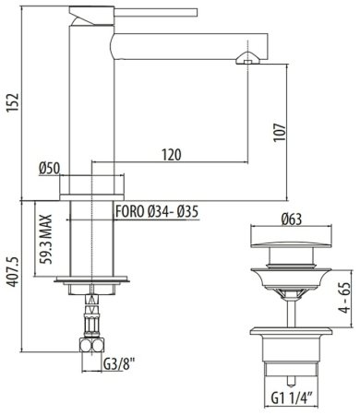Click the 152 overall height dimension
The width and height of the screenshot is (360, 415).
14,102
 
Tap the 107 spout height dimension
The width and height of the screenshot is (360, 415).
280,132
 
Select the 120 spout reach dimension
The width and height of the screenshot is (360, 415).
172,155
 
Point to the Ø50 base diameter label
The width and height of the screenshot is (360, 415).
49,169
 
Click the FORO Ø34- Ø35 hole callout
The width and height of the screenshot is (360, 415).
157,211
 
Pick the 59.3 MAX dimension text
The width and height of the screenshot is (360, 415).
46,239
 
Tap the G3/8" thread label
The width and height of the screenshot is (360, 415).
119,365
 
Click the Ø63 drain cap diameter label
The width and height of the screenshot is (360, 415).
292,219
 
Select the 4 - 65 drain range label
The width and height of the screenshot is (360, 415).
344,298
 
